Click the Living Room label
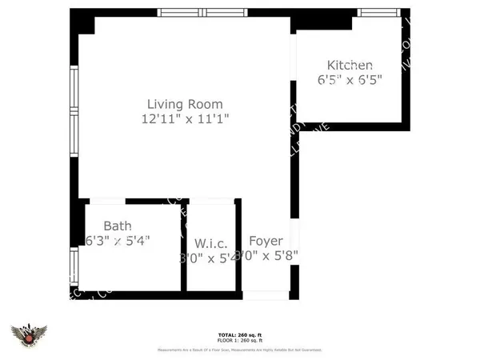(184, 104)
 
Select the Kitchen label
(350, 65)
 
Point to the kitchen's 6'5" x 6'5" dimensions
(350, 79)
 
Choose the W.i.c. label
(211, 242)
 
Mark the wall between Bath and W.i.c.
(183, 248)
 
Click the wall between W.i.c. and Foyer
(238, 248)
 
